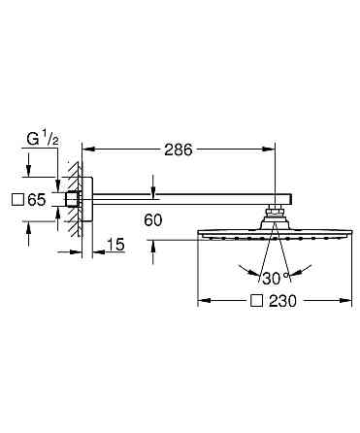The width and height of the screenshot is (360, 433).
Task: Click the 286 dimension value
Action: coord(179,150)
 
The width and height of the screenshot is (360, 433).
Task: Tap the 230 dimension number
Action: coord(282,301)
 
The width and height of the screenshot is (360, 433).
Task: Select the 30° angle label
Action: coord(275,279)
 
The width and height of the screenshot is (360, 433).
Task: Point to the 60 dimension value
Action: coord(153,220)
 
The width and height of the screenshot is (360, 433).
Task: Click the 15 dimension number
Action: coord(115,245)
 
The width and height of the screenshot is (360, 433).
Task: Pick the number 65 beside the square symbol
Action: coord(37,200)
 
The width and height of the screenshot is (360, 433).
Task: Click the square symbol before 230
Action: coord(256,301)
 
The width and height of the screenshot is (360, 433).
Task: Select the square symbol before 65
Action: coord(16,200)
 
